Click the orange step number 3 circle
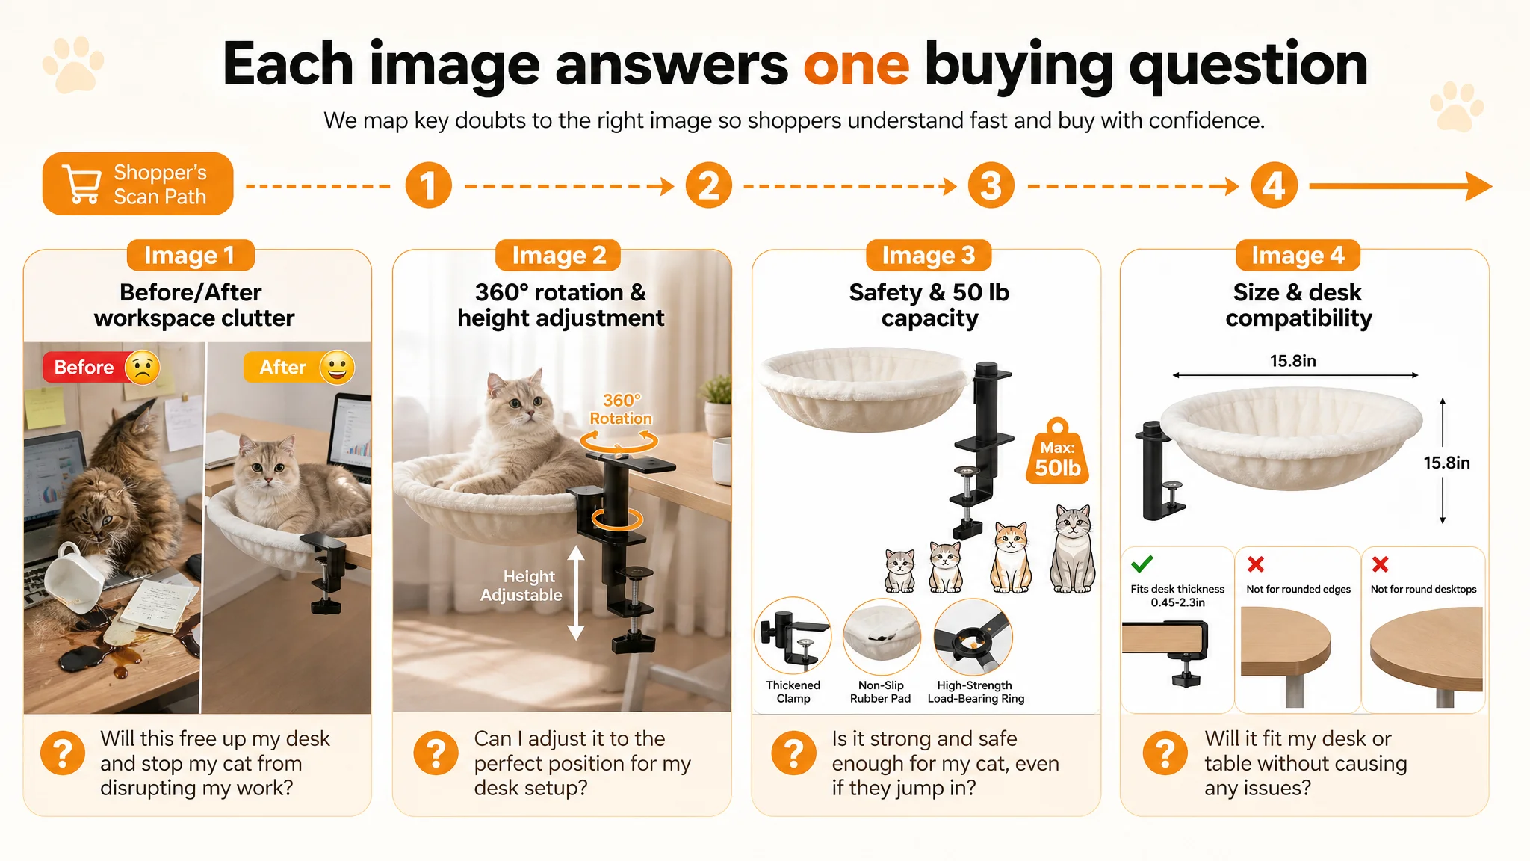tap(991, 185)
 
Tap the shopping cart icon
tap(82, 183)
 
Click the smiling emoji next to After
tap(337, 367)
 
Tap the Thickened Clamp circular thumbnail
tap(793, 635)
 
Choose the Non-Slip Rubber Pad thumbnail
tap(882, 636)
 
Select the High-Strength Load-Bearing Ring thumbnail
tap(973, 636)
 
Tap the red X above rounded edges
tap(1256, 564)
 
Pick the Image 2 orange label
tap(559, 255)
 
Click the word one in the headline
tap(856, 65)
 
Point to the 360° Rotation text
tap(621, 410)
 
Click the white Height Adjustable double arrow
tap(575, 593)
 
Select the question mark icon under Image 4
tap(1165, 752)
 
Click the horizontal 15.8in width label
tap(1293, 361)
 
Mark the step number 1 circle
tap(428, 185)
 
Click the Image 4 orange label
tap(1298, 255)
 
